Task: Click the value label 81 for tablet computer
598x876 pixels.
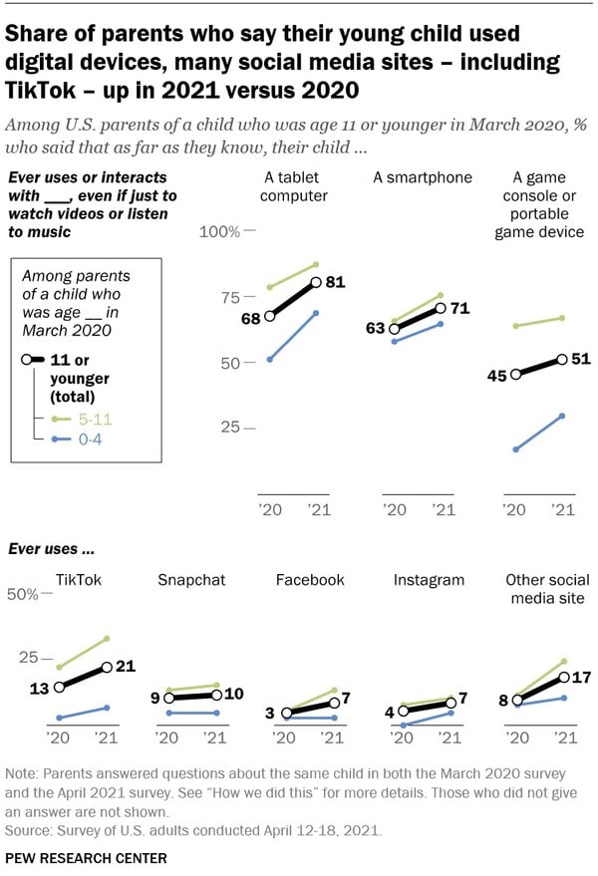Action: click(x=335, y=282)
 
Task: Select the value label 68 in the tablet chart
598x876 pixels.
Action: click(x=250, y=318)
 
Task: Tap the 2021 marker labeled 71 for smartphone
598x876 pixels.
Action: click(x=440, y=309)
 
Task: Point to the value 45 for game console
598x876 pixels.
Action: click(x=495, y=375)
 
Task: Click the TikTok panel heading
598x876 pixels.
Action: click(x=79, y=579)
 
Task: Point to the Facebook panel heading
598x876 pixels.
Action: click(x=310, y=579)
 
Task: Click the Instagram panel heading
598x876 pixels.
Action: click(x=429, y=579)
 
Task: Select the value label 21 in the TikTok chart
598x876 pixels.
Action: click(x=126, y=667)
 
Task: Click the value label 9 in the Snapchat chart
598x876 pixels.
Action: click(x=155, y=698)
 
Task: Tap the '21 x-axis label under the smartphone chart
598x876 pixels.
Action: click(x=442, y=510)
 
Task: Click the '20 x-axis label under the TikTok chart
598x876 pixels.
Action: click(x=59, y=737)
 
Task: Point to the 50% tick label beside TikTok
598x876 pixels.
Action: click(x=22, y=594)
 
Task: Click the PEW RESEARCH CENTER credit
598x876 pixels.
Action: click(x=86, y=857)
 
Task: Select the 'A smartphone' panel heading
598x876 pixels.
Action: click(x=423, y=177)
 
